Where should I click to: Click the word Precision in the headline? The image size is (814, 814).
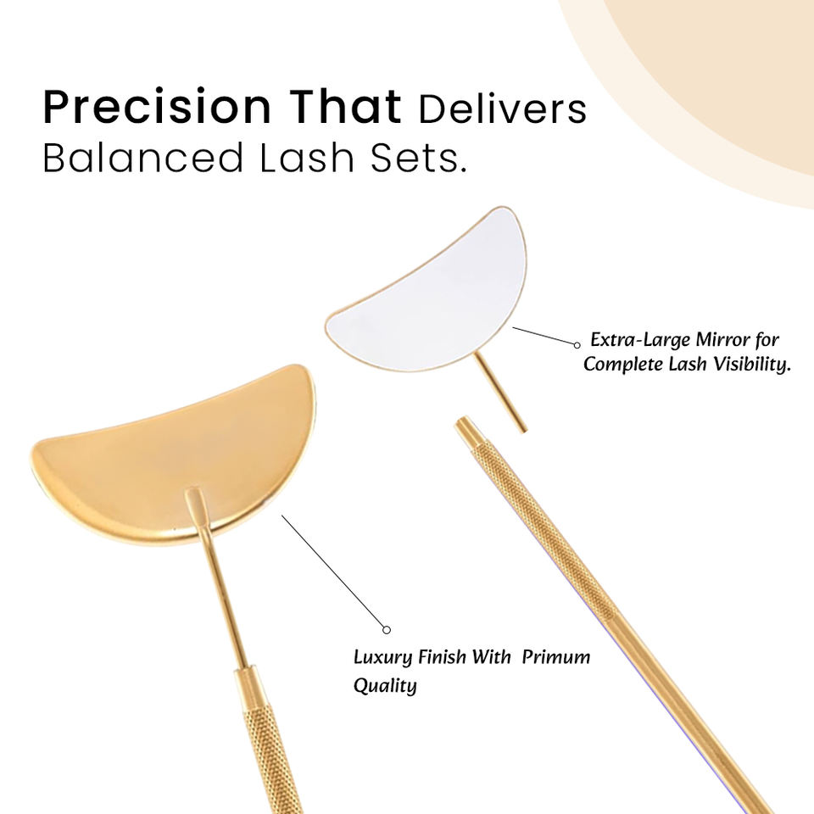tap(157, 108)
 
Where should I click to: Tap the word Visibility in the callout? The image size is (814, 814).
tap(752, 365)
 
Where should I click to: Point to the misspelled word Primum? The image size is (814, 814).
tap(556, 657)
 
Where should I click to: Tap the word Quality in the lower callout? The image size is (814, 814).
tap(385, 686)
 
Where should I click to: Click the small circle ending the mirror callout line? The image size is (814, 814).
tap(577, 345)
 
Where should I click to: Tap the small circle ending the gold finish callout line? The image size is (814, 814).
tap(387, 630)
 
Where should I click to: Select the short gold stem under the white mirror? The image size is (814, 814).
tap(500, 392)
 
